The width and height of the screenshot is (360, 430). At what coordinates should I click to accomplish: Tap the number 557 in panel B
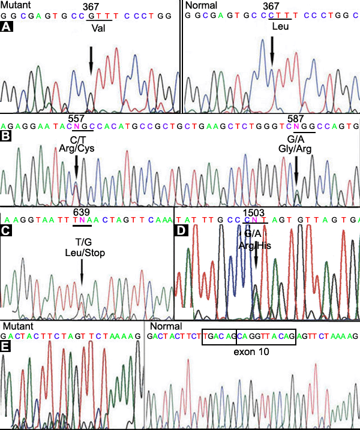[77, 119]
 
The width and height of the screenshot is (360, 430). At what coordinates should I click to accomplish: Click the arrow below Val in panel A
[91, 61]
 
